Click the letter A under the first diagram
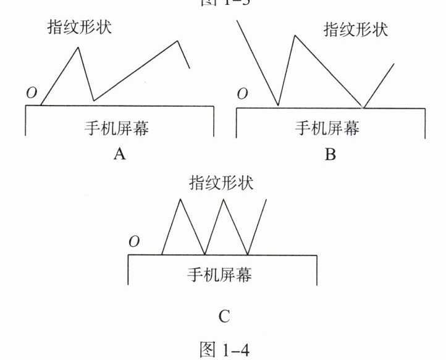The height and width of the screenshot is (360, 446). point(120,154)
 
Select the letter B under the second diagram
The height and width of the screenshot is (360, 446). point(330,154)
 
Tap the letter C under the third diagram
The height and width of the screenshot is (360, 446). point(224,317)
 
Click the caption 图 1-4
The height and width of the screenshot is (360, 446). point(223,348)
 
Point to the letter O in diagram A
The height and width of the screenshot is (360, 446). point(32,93)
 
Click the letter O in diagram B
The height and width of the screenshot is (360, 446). point(243,94)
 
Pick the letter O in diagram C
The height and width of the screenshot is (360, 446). point(134,241)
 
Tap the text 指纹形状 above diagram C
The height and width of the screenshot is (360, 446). point(221,183)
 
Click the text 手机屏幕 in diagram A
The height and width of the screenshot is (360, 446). point(118,128)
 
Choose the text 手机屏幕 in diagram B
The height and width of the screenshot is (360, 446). point(328,128)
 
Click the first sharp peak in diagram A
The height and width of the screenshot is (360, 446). point(78,47)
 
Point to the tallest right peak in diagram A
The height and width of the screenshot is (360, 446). point(179,41)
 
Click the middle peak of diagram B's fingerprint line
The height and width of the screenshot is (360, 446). point(295,36)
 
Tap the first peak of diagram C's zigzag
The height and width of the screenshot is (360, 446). point(180,199)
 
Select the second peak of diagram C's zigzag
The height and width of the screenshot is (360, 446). point(223,199)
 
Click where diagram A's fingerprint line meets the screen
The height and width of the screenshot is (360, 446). point(41,106)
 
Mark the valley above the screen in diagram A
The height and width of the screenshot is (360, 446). point(93,100)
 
